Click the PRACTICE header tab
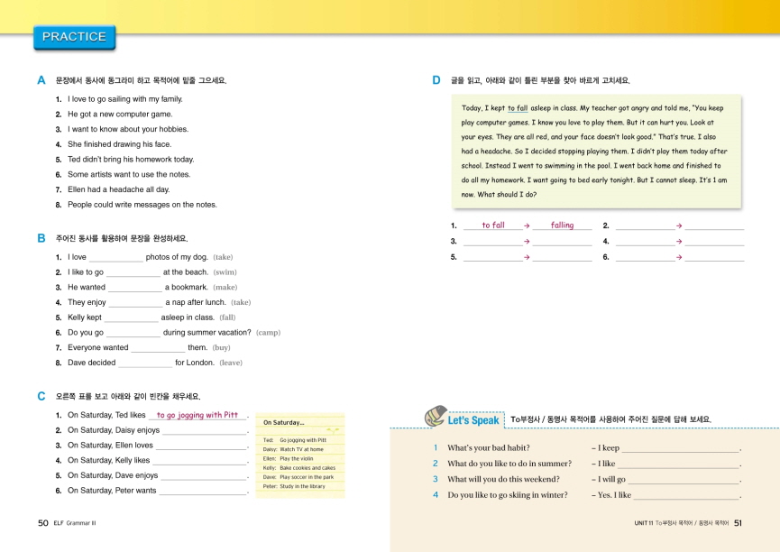pos(74,37)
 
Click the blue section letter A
pos(41,80)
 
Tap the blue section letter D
pos(436,80)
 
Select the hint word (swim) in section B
pos(225,271)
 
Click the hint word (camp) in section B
pos(268,332)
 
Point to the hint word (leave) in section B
pos(231,363)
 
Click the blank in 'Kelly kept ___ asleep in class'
pos(132,317)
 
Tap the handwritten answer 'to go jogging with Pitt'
pos(197,416)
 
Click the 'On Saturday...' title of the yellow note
pos(283,422)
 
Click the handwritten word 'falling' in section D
pos(562,225)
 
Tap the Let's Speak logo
pos(462,419)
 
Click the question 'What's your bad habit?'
pos(489,448)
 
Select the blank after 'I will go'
pos(683,480)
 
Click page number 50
pos(42,522)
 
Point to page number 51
pos(738,522)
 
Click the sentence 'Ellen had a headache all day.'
pos(118,189)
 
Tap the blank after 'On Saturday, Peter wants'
pos(202,492)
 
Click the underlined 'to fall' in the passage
pos(518,107)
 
